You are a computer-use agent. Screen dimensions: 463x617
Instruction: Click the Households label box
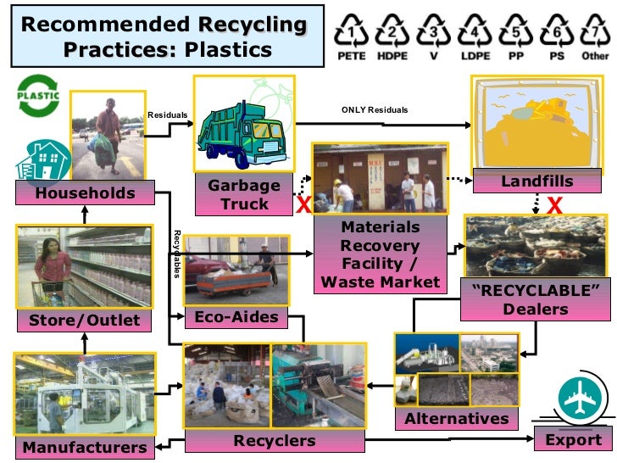tap(85, 193)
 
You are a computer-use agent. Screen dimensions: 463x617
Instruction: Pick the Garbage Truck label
tap(244, 195)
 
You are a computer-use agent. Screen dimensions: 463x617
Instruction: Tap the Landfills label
tap(536, 181)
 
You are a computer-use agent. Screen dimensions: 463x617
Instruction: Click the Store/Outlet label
tap(85, 321)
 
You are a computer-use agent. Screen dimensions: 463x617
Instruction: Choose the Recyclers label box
tap(274, 441)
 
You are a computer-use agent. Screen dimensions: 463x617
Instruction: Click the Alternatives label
tap(457, 419)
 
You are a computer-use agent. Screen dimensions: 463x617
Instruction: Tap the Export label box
tap(572, 440)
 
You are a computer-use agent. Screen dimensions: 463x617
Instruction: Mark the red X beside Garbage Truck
tap(301, 204)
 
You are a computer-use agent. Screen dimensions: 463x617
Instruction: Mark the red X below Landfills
tap(555, 205)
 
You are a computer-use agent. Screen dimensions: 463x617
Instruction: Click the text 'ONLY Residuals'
tap(375, 110)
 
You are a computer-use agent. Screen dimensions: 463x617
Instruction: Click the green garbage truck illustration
tap(244, 127)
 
